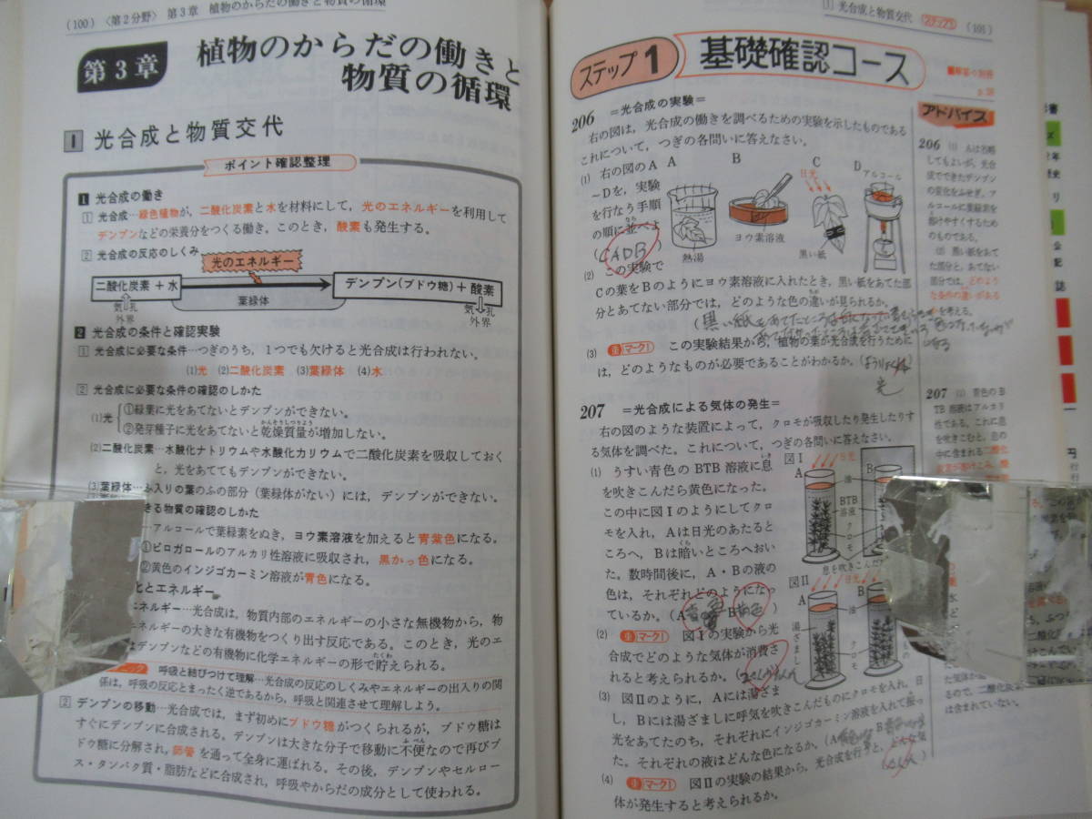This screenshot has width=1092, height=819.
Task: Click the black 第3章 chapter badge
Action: point(120,72)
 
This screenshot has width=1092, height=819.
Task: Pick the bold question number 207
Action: point(592,411)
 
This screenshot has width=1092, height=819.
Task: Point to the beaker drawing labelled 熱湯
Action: point(693,218)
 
